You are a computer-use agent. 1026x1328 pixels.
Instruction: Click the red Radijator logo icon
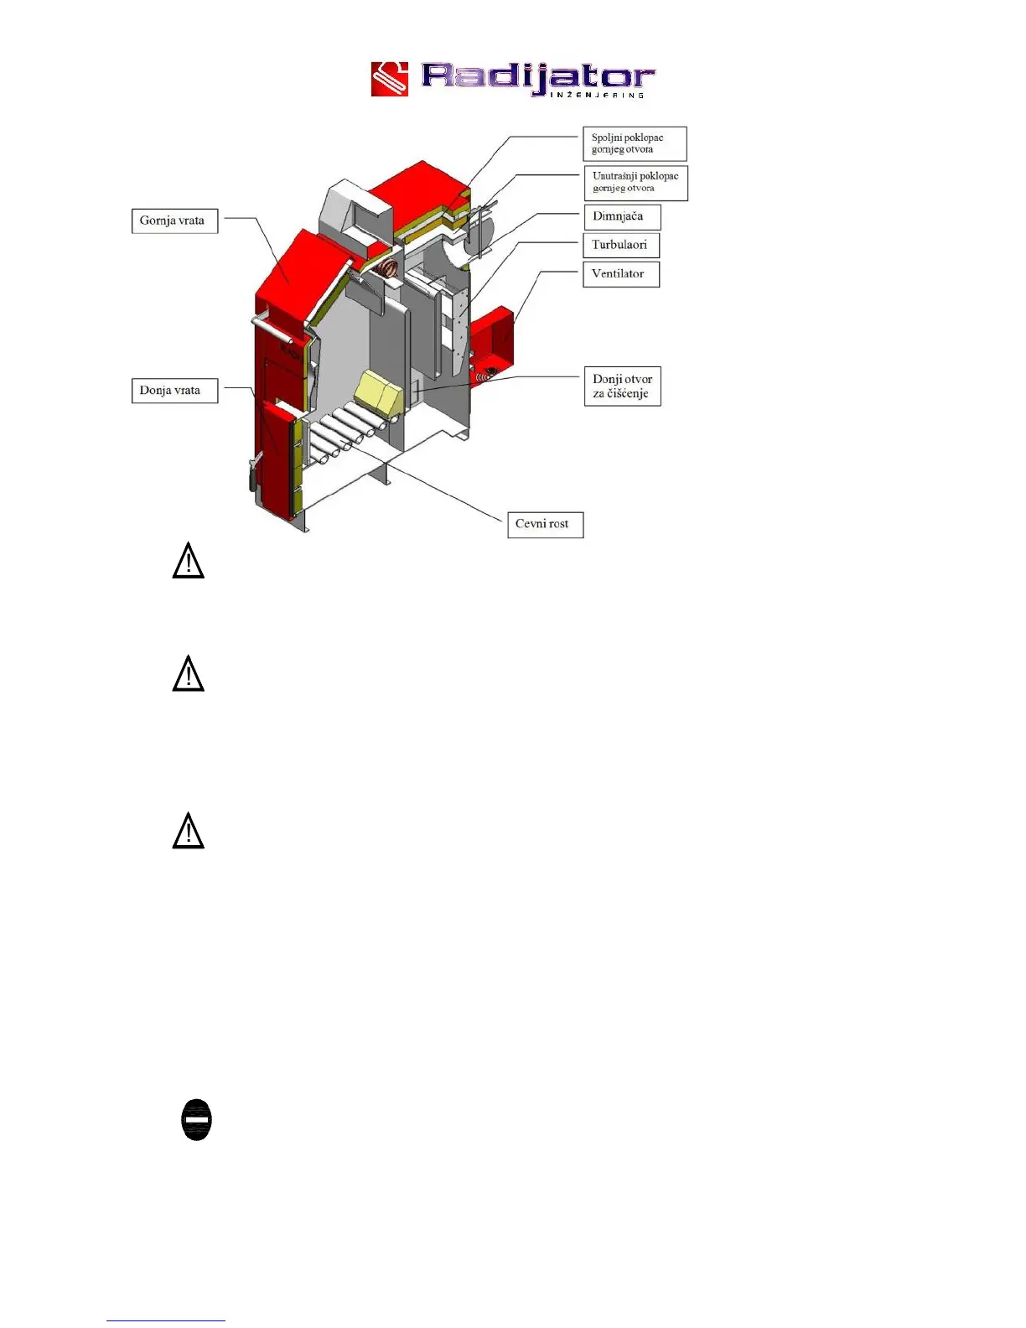coord(390,79)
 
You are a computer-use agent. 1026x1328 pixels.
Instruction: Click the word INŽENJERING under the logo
coord(598,95)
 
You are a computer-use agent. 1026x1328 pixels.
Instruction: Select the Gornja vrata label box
coord(174,220)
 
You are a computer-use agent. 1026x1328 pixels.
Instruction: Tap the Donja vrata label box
coord(174,391)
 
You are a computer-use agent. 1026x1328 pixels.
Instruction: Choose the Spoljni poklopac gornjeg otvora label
coord(635,143)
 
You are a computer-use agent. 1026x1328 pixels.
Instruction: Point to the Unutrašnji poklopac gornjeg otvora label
coord(635,183)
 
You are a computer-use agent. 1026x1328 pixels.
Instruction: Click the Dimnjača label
coord(621,216)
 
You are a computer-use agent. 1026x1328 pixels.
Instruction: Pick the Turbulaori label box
coord(620,245)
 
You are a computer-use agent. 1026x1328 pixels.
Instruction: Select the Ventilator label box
coord(620,274)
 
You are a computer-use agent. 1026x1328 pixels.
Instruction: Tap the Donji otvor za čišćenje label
coord(622,386)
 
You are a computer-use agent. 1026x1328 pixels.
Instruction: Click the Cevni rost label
coord(545,525)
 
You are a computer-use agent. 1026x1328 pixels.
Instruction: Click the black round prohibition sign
coord(197,1120)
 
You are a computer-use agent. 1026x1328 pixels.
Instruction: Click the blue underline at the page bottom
coord(166,1320)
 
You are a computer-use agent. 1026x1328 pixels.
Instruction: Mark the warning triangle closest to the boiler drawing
coord(189,562)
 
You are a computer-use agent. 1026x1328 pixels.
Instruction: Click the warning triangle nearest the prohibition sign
coord(189,832)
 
